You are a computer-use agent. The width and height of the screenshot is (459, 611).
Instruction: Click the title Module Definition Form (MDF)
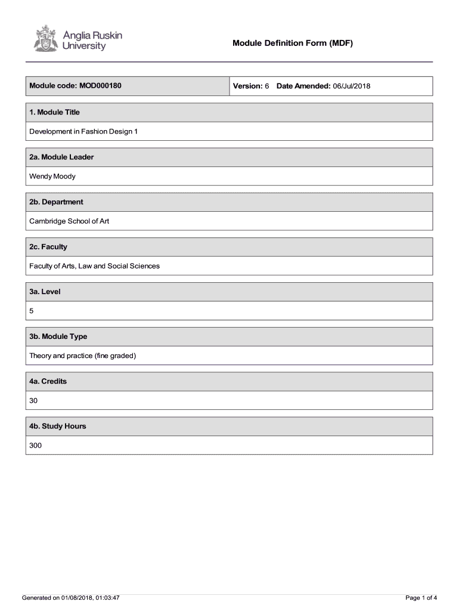pos(293,44)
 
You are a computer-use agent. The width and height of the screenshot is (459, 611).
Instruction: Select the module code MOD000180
pos(100,86)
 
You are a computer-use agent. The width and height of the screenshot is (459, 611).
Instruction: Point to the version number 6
pos(267,87)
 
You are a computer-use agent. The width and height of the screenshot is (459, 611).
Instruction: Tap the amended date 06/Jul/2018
pos(352,87)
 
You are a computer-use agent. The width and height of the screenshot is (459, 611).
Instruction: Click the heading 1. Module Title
pos(54,112)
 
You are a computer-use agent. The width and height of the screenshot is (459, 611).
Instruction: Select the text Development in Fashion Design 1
pos(83,131)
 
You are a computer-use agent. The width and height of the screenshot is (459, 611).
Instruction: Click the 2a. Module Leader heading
pos(61,157)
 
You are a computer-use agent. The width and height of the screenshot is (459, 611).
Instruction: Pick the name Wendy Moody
pos(52,177)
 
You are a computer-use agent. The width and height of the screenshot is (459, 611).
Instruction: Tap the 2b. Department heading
pos(56,202)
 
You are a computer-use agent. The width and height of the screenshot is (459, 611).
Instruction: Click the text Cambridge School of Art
pos(69,221)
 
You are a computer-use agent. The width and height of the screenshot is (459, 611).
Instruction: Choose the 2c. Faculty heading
pos(48,247)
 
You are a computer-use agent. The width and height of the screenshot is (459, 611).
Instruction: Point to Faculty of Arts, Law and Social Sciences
pos(95,266)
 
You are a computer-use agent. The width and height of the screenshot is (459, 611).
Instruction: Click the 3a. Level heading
pos(45,292)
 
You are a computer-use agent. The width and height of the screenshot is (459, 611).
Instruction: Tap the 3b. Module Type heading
pos(58,337)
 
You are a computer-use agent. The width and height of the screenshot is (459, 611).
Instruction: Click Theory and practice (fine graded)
pos(83,356)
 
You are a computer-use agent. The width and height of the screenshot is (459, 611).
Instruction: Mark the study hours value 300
pos(36,446)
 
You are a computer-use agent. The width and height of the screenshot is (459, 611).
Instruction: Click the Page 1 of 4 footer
pos(421,598)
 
